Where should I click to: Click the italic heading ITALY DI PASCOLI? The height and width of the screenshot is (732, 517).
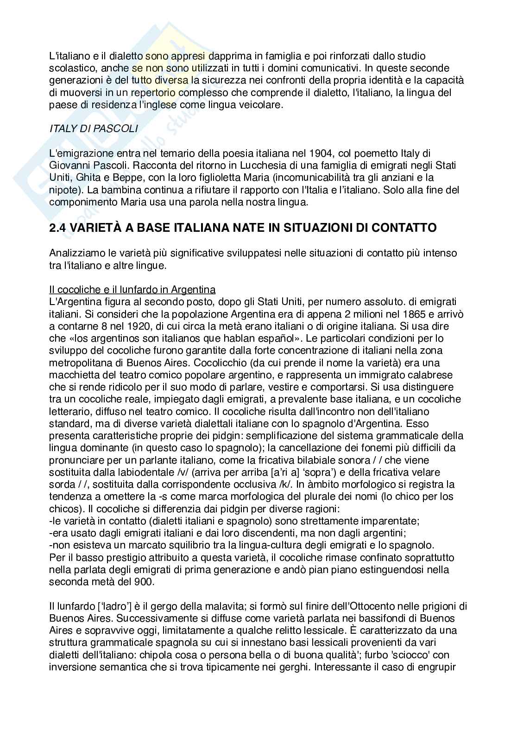coord(94,129)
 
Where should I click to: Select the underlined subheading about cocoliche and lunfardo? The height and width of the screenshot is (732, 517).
coord(132,290)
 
